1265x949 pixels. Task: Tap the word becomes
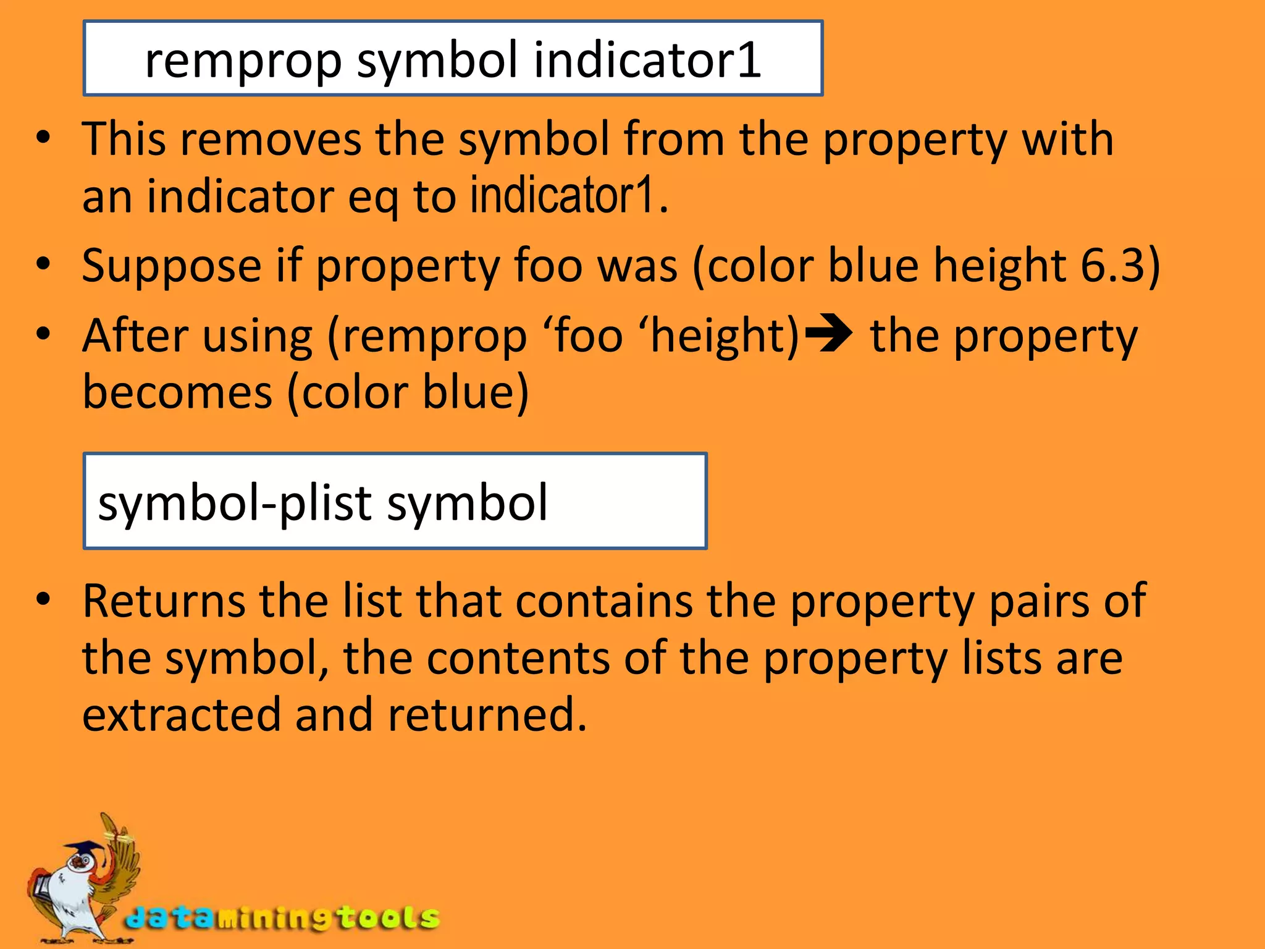[x=177, y=392]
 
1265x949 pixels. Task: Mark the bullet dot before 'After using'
[x=42, y=334]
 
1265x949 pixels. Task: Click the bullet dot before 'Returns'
[x=42, y=599]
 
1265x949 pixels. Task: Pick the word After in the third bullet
[x=135, y=335]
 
